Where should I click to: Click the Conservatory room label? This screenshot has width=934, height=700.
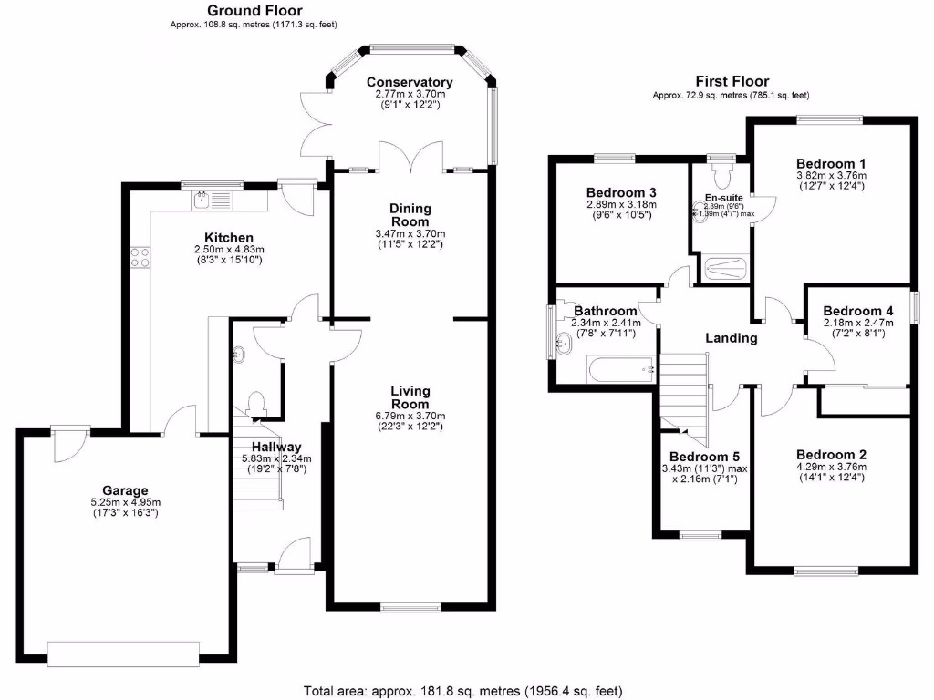(409, 82)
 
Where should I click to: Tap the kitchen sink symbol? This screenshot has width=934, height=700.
(203, 195)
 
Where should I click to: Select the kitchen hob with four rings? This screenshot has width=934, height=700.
(140, 258)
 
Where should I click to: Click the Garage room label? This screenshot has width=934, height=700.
(125, 489)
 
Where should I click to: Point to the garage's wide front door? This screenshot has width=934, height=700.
(123, 654)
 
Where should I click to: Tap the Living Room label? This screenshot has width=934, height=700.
(410, 397)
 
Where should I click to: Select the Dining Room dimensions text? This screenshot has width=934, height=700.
(410, 240)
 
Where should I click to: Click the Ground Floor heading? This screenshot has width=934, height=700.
(257, 11)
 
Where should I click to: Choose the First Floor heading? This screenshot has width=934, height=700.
(732, 81)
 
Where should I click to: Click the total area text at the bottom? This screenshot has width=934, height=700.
(463, 690)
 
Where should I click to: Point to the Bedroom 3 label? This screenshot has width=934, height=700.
(620, 193)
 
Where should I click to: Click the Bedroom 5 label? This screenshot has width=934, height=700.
(703, 457)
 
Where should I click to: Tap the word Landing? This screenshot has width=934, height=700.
(732, 338)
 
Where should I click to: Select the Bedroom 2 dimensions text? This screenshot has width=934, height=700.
(831, 473)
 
